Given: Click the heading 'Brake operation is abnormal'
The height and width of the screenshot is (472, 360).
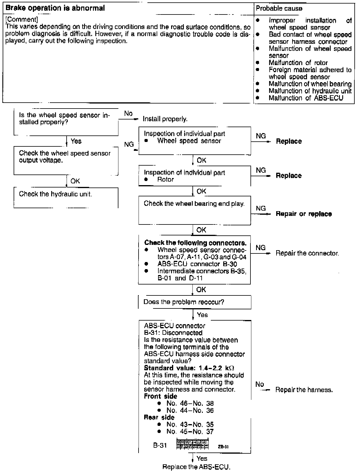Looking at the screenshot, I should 55,8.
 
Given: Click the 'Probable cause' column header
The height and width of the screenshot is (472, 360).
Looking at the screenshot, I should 279,8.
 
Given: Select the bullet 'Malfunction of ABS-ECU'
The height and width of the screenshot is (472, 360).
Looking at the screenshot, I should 306,98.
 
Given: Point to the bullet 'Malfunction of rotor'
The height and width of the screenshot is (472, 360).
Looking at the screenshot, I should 298,63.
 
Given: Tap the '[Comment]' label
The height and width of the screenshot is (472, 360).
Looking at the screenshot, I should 22,20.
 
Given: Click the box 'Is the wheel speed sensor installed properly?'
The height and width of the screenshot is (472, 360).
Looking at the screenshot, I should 66,122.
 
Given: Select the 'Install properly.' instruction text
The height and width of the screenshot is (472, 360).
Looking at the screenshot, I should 165,119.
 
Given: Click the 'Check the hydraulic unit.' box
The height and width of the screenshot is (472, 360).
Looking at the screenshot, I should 66,198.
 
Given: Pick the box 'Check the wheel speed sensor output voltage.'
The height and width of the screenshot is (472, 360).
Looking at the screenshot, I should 66,161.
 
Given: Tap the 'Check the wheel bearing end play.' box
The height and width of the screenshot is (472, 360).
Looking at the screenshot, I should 195,210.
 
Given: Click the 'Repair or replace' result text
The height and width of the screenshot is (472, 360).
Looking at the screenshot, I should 304,214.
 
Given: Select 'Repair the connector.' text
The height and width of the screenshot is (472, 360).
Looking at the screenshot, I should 307,253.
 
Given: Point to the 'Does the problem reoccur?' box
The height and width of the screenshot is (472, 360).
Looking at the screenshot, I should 195,302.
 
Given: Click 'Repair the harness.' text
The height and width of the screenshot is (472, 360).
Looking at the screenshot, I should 304,390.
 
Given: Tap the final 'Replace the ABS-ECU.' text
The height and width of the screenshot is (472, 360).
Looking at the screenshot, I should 196,467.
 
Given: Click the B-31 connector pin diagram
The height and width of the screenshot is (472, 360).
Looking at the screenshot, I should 192,444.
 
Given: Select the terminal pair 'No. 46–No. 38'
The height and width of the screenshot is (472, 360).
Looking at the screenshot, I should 190,403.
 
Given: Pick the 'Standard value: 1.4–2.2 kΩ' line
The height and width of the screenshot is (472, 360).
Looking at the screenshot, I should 189,368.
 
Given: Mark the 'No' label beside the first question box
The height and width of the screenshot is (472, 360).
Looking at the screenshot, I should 128,114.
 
